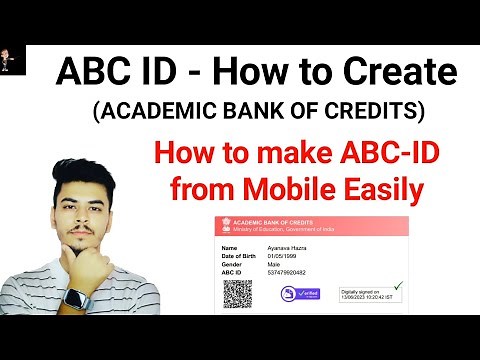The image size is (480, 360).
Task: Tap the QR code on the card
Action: point(237,293)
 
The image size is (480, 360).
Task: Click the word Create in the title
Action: point(398,72)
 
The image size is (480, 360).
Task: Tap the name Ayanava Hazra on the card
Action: point(287,246)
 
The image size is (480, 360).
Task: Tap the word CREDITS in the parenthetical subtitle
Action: point(385,108)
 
